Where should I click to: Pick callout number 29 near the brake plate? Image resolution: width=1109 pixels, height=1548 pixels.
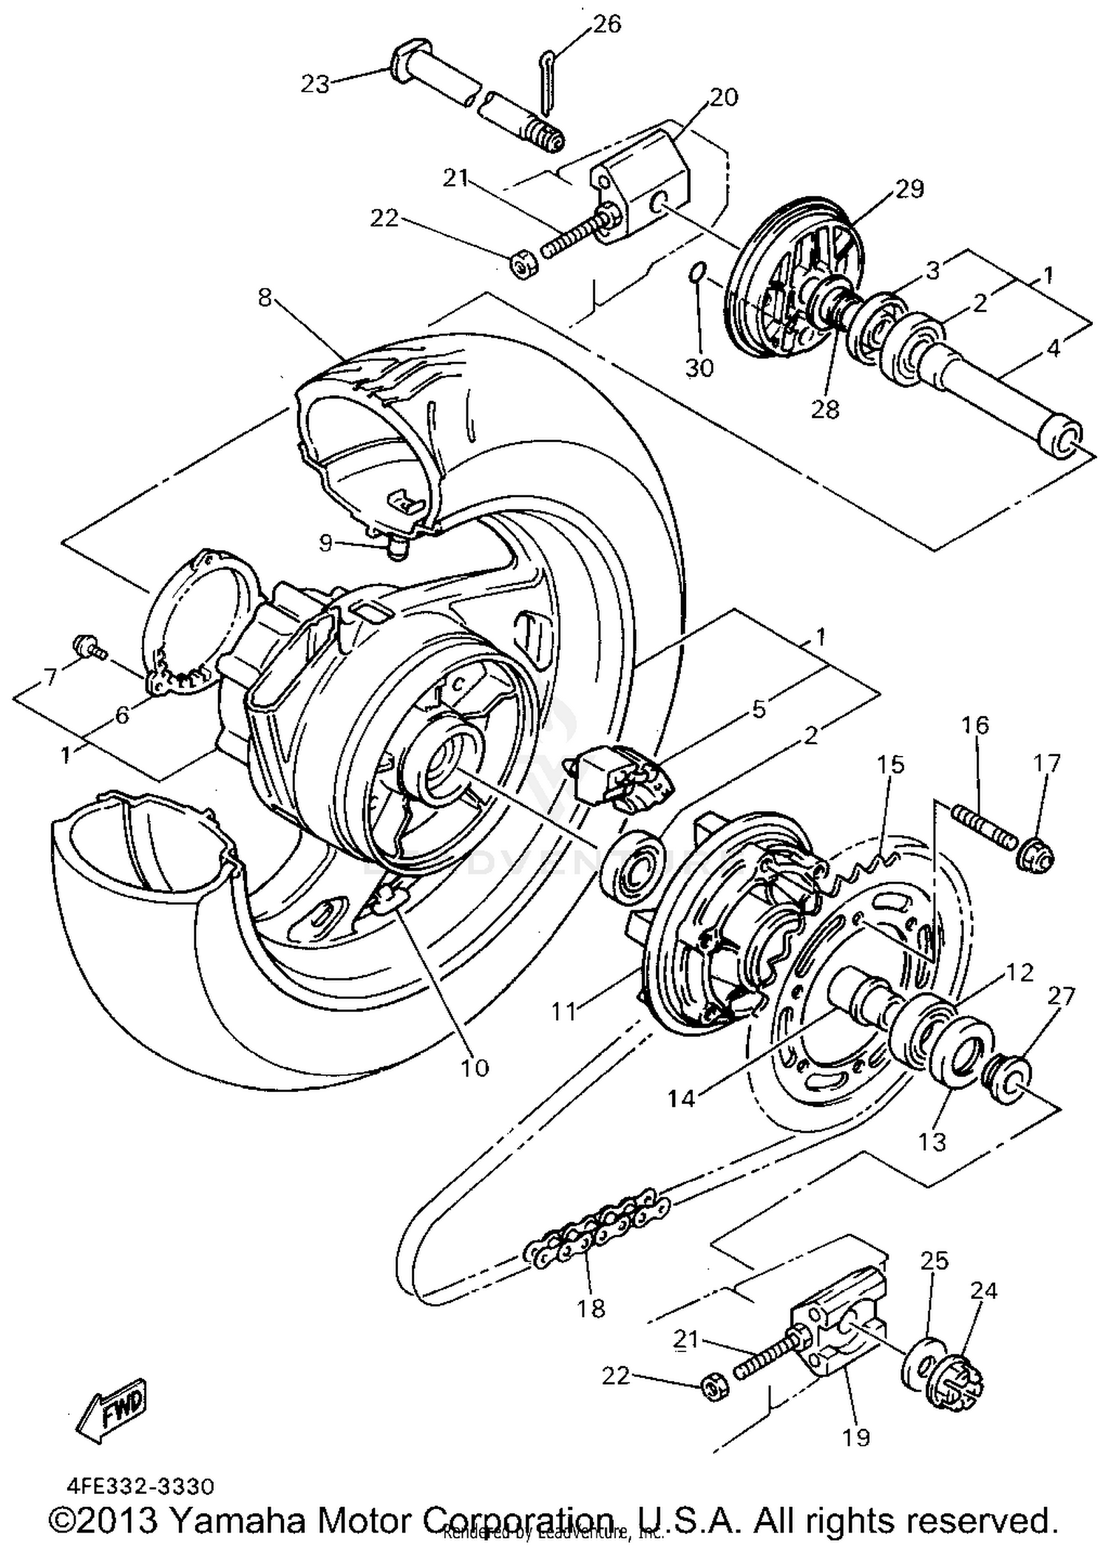(x=909, y=189)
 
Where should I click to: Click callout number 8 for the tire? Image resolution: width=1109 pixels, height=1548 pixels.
(x=265, y=297)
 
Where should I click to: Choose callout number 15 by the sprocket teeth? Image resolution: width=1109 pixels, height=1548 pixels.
(x=891, y=765)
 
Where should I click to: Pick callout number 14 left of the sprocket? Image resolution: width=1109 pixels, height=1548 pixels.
(x=682, y=1099)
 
